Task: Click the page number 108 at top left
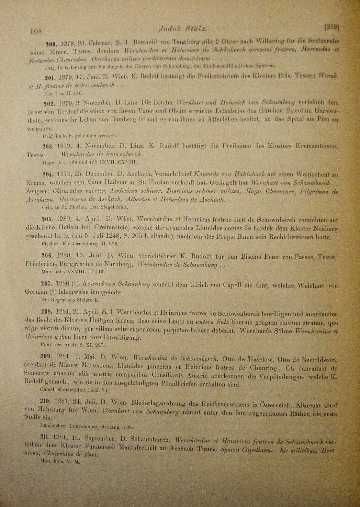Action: coord(36,31)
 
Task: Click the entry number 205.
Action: coord(46,218)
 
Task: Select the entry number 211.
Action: coord(46,439)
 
